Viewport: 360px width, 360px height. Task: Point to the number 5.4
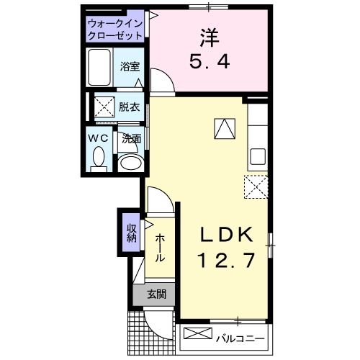coord(210,62)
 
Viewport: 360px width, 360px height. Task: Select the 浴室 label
coord(130,66)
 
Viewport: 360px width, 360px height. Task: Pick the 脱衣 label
coord(130,105)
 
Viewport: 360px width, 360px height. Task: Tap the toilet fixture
coord(100,157)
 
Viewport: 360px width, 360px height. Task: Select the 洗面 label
coord(130,138)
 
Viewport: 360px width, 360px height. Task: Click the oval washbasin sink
coord(130,162)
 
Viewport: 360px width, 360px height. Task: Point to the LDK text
coord(225,235)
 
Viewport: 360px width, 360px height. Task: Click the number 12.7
coord(225,260)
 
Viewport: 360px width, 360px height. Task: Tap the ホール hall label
coord(158,248)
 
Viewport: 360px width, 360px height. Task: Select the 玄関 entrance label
coord(156,294)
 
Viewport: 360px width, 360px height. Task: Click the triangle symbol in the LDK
coord(224,127)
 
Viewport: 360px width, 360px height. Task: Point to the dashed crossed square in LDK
coord(256,186)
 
